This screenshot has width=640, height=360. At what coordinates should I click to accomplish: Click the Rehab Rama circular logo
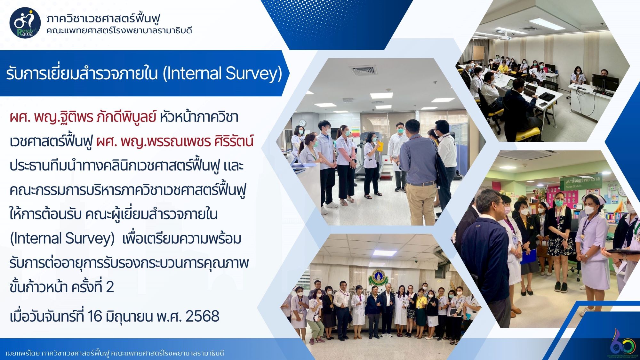tap(25, 22)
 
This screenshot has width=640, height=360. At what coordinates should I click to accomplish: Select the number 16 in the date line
tap(94, 316)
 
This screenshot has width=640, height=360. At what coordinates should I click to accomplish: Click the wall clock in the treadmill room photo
tap(302, 123)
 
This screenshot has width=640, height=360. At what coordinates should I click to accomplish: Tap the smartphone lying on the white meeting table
tap(543, 104)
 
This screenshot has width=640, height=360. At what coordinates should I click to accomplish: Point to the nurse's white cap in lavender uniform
tap(590, 197)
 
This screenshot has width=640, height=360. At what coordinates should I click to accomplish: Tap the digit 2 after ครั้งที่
tap(110, 287)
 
